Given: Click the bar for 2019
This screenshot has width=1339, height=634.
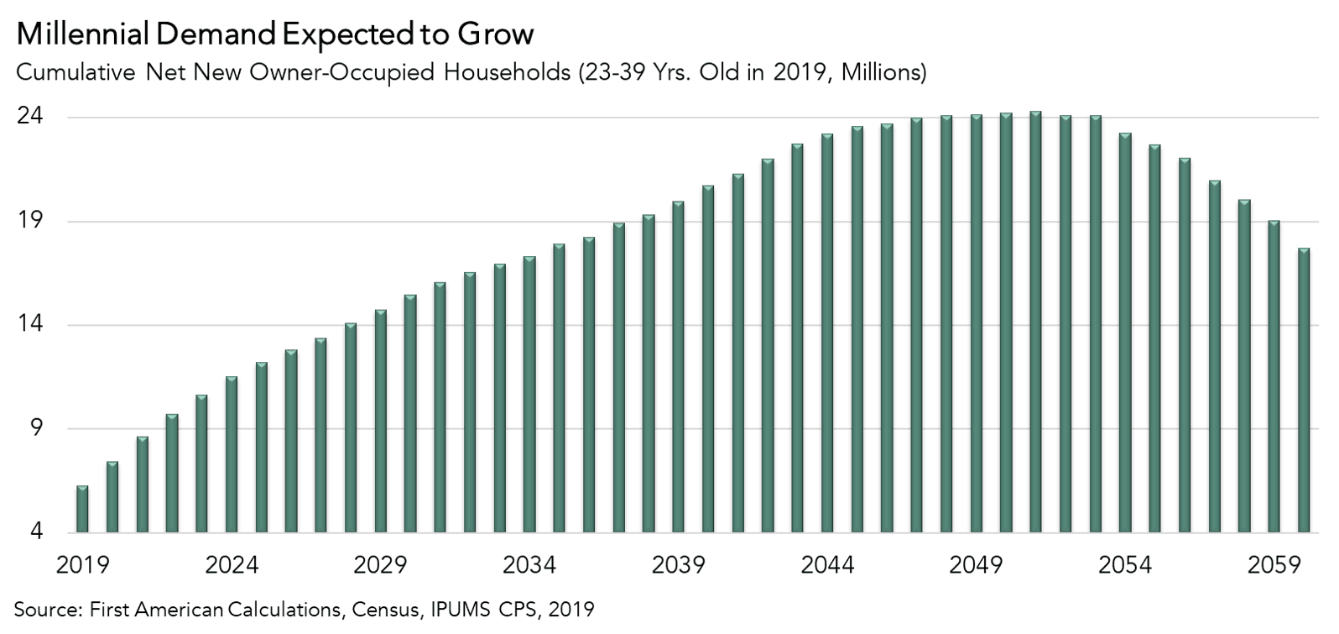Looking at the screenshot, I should (x=82, y=509).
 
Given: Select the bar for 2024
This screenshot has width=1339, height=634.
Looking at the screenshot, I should (x=232, y=454).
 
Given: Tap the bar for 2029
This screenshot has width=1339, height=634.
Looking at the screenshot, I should (x=381, y=421).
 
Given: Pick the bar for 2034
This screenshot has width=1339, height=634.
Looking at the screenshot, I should (x=529, y=394).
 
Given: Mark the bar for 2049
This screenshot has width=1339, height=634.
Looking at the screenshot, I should (x=977, y=323).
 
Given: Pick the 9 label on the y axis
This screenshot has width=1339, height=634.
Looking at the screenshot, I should (x=35, y=429).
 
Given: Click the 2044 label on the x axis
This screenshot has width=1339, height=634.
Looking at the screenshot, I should (x=827, y=565).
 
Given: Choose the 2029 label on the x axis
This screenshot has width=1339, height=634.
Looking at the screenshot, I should (x=381, y=565).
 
